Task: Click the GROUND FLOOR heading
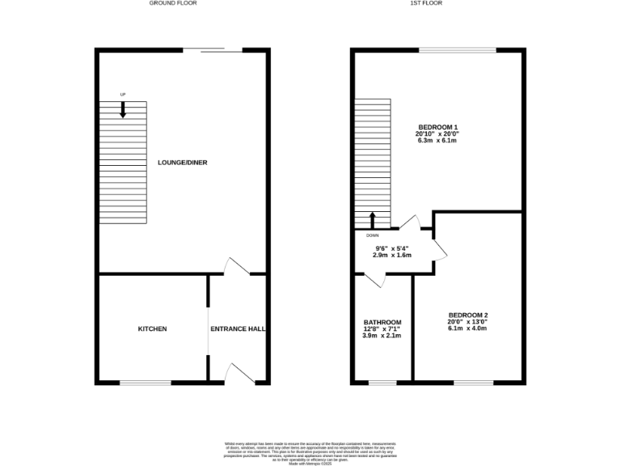coord(172,3)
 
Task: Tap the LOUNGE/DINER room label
coord(182,163)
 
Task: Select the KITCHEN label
coord(152,329)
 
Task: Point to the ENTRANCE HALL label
coord(238,329)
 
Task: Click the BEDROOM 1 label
coord(437,127)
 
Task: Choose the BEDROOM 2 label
coord(468,315)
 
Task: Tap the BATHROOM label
coord(382,322)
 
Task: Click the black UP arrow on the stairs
coord(123,110)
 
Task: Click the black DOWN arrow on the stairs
coord(373,221)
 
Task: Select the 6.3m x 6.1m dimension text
coord(437,141)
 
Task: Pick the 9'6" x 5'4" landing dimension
coord(392,248)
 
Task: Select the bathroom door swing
coord(374,279)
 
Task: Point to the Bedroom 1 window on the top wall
coord(457,50)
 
